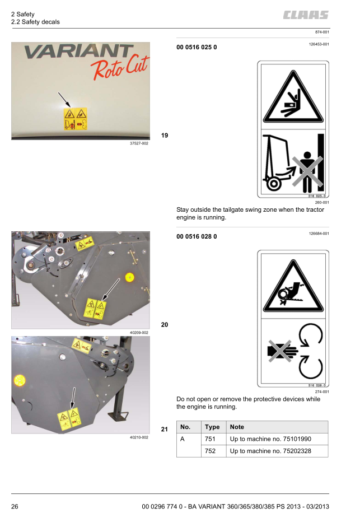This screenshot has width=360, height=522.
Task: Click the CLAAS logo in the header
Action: [306, 15]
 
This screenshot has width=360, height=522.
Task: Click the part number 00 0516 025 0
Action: [197, 47]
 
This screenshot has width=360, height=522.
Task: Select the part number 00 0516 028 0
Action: [197, 237]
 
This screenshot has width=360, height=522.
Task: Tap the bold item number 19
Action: [165, 136]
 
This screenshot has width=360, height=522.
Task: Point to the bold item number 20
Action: [165, 325]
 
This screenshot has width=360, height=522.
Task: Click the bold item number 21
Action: [165, 430]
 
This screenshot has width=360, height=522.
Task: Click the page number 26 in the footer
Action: [15, 507]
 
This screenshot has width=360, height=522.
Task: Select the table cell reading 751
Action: [211, 439]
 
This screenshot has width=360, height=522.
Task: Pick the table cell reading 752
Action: [211, 451]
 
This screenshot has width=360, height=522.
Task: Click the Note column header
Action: [237, 427]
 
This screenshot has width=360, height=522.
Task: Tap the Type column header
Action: [212, 427]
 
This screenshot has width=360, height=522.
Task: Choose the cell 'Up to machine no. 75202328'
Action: [270, 451]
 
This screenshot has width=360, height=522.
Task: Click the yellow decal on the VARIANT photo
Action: [76, 119]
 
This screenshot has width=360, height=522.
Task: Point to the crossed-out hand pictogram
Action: [283, 351]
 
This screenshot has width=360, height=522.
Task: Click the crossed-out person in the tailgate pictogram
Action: [307, 172]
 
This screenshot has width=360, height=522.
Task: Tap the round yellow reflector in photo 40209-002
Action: [129, 277]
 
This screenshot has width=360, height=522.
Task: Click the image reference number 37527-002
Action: [139, 143]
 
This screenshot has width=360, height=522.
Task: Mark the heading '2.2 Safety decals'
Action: [35, 22]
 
